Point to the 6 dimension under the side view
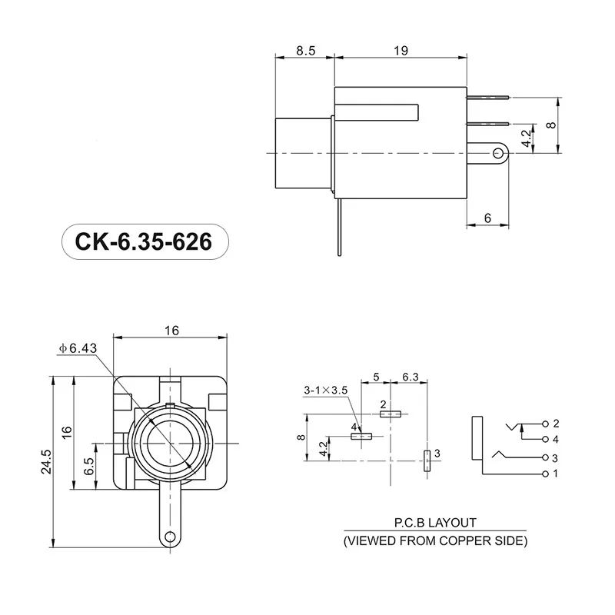[x=487, y=218]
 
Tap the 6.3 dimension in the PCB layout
[x=411, y=377]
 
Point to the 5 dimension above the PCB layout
[x=376, y=377]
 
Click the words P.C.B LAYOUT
[x=434, y=523]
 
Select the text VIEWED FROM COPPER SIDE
[x=434, y=540]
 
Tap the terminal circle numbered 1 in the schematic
[x=545, y=473]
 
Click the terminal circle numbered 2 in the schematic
[x=545, y=424]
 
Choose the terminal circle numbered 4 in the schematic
[x=545, y=439]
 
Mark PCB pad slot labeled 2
[x=391, y=414]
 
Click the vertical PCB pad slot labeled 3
[x=427, y=460]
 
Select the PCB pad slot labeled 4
[x=361, y=436]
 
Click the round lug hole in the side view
[x=499, y=154]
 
